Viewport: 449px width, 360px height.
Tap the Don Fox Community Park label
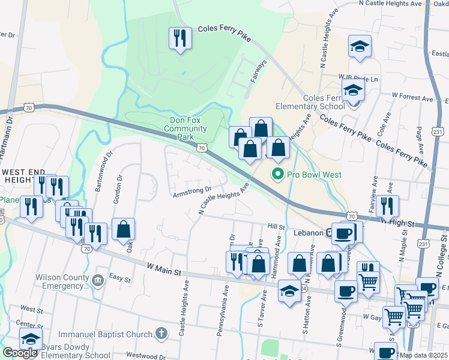coord(185,128)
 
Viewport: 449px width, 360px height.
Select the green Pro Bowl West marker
coord(277,175)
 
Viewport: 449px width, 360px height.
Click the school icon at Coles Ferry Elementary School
coord(354,92)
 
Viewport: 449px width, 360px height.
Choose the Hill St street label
coord(276,227)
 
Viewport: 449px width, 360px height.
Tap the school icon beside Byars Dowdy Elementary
coord(31,340)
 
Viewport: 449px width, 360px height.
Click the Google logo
coord(20,353)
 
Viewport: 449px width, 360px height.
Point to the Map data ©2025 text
coord(423,355)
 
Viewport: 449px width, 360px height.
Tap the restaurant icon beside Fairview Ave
coord(387,206)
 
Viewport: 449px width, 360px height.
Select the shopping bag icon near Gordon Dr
coord(123,229)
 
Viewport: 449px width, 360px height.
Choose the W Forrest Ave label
coord(412,95)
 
